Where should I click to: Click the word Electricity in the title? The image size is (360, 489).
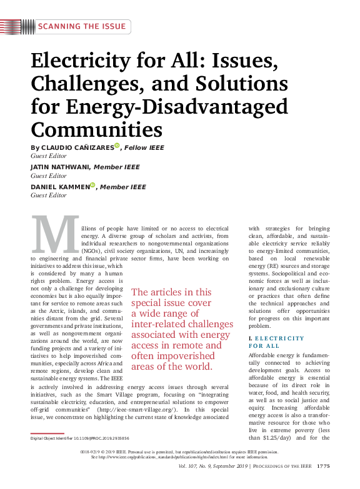click(82, 61)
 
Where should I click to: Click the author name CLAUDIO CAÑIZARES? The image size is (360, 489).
click(77, 147)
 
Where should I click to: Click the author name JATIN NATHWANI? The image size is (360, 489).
click(61, 167)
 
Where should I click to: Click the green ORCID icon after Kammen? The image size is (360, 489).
click(92, 185)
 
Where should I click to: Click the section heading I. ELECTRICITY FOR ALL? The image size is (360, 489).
click(276, 342)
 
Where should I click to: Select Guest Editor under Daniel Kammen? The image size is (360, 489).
click(49, 195)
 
